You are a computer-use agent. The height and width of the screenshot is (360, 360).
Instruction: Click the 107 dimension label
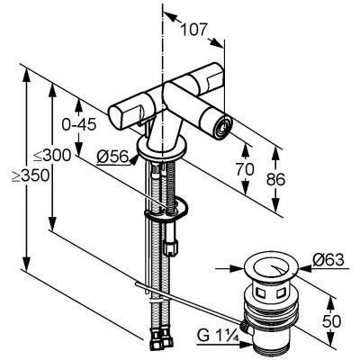[195, 30]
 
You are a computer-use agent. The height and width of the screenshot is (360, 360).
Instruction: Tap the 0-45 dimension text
[79, 124]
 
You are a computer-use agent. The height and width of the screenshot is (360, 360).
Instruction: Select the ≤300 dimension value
[52, 156]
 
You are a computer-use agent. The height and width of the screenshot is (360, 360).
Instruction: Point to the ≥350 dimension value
[31, 175]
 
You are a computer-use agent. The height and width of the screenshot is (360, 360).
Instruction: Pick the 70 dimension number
[245, 169]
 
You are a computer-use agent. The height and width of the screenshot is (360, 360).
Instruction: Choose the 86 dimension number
[276, 179]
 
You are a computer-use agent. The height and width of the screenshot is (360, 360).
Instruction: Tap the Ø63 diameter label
[328, 260]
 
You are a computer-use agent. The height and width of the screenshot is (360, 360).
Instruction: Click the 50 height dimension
[332, 321]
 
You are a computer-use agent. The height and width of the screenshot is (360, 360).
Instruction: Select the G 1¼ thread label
[218, 337]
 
